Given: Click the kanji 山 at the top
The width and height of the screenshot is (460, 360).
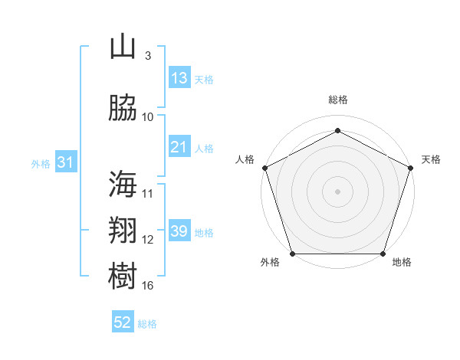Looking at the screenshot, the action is pos(123,46).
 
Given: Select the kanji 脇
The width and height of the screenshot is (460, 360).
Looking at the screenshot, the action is pos(123,107).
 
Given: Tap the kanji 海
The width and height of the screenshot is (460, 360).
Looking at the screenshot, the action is pos(123,184).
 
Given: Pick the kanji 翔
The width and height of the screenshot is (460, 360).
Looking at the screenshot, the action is pos(123,230).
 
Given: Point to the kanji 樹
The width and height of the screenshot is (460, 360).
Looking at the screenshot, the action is pos(123,276).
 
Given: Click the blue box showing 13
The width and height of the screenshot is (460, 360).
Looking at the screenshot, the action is pos(179,77).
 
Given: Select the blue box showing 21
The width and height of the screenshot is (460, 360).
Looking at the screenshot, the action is pos(179,146).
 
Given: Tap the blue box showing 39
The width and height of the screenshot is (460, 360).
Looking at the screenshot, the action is pos(179,230).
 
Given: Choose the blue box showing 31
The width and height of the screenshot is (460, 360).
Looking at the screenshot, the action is pos(66,162).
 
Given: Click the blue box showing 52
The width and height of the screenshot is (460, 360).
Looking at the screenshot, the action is pos(123,321).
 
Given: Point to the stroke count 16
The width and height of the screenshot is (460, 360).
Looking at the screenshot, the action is pos(147,285).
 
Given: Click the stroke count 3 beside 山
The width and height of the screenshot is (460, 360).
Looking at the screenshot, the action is pos(148,55).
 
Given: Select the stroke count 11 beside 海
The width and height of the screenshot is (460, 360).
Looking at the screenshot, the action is pos(147,194).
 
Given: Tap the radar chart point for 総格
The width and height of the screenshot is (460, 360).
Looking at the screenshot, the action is pos(337,130).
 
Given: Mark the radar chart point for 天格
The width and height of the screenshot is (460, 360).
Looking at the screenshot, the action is pos(410,168).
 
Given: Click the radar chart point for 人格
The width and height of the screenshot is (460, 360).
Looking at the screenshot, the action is pos(265,168).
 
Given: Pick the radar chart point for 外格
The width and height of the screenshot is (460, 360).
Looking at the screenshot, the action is pos(293,254).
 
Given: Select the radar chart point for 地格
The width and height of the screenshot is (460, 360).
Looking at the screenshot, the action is pos(383,254).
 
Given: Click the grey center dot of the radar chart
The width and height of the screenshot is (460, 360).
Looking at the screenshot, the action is pos(337,191).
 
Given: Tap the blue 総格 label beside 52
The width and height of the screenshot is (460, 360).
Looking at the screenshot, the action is pos(147,324).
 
